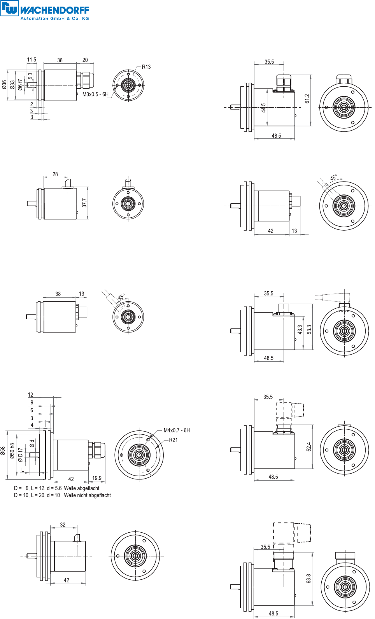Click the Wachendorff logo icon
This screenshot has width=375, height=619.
click(x=9, y=8)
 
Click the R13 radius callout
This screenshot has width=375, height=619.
click(x=146, y=67)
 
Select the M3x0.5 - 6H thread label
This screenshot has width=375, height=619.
click(x=95, y=94)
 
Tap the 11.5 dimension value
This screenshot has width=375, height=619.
click(x=32, y=60)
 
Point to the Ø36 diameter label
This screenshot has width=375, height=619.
click(x=4, y=85)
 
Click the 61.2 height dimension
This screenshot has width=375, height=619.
click(x=307, y=99)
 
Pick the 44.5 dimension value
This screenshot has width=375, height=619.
click(x=264, y=108)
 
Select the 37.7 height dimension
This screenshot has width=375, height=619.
click(x=84, y=203)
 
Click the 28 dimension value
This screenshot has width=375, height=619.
click(x=55, y=174)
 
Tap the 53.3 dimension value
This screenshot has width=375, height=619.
click(x=309, y=329)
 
